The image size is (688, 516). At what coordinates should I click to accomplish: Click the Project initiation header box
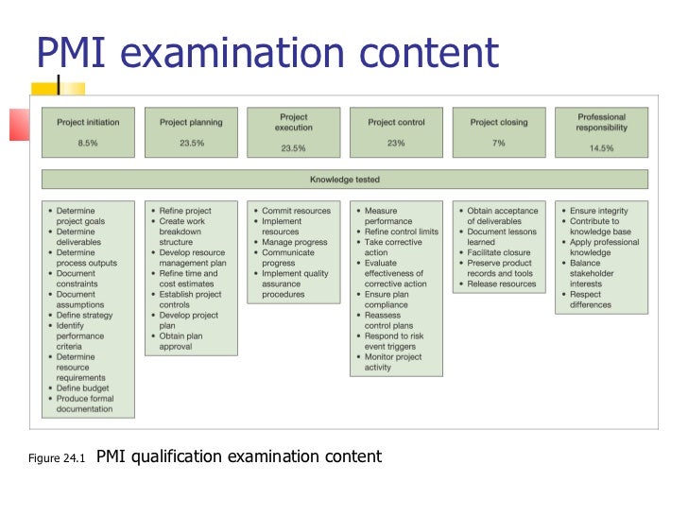(88, 131)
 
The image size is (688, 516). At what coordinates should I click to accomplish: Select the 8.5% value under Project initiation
(88, 143)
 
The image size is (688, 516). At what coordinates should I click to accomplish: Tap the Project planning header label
(191, 122)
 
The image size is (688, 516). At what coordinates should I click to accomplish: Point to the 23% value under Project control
(395, 143)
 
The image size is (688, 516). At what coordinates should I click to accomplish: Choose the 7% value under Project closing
(498, 143)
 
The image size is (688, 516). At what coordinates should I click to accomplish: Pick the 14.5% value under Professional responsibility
(601, 147)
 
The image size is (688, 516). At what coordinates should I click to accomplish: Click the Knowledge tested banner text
(344, 179)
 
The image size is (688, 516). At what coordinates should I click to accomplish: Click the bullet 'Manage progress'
(295, 242)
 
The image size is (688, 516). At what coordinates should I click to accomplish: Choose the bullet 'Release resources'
(501, 284)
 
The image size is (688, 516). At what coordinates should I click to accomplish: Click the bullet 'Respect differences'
(596, 300)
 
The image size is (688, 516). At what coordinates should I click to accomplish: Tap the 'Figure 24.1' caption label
(58, 459)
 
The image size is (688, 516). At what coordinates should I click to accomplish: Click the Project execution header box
(293, 131)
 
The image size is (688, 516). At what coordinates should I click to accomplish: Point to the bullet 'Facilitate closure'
(502, 252)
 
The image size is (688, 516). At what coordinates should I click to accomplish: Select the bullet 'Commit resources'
(296, 211)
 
